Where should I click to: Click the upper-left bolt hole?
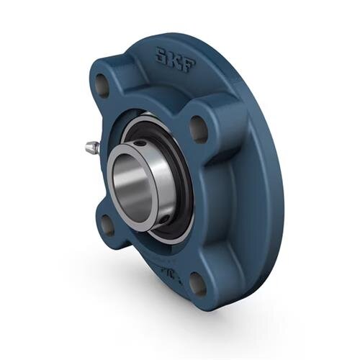point(103,86)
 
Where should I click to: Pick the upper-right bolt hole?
point(198,127)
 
